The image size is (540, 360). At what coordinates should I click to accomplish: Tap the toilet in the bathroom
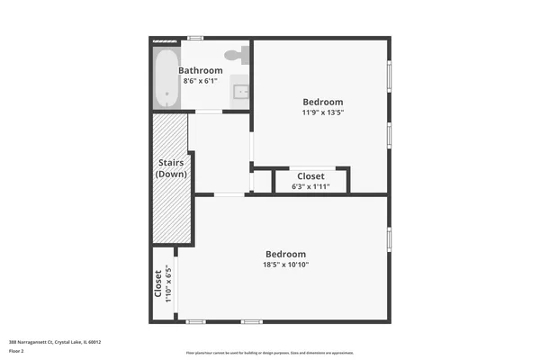(x=236, y=54)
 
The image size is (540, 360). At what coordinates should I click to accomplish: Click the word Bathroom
(x=200, y=70)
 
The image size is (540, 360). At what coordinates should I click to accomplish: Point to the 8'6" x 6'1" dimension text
(x=200, y=81)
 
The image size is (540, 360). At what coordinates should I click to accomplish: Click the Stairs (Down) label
(x=171, y=168)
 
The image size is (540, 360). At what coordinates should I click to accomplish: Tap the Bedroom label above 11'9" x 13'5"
(x=322, y=102)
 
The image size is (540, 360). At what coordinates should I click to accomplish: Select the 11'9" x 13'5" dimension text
(x=322, y=113)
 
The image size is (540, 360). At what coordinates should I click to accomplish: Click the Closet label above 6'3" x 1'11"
(x=310, y=176)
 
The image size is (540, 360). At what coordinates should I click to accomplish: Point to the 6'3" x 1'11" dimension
(x=310, y=187)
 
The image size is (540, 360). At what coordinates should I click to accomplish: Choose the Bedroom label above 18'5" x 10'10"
(x=284, y=254)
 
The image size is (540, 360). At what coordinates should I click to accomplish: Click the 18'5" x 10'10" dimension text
(x=284, y=265)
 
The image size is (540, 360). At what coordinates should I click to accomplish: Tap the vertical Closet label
(x=158, y=283)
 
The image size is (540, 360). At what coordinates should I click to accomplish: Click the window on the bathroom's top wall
(x=194, y=38)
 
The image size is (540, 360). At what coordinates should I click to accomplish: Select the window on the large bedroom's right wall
(x=389, y=239)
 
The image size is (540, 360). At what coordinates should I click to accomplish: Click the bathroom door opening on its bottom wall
(x=209, y=112)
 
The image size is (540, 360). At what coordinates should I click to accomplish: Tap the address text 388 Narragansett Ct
(x=54, y=342)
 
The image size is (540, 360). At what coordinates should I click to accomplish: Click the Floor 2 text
(x=16, y=350)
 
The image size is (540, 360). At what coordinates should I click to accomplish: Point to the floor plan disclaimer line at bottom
(x=270, y=353)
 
